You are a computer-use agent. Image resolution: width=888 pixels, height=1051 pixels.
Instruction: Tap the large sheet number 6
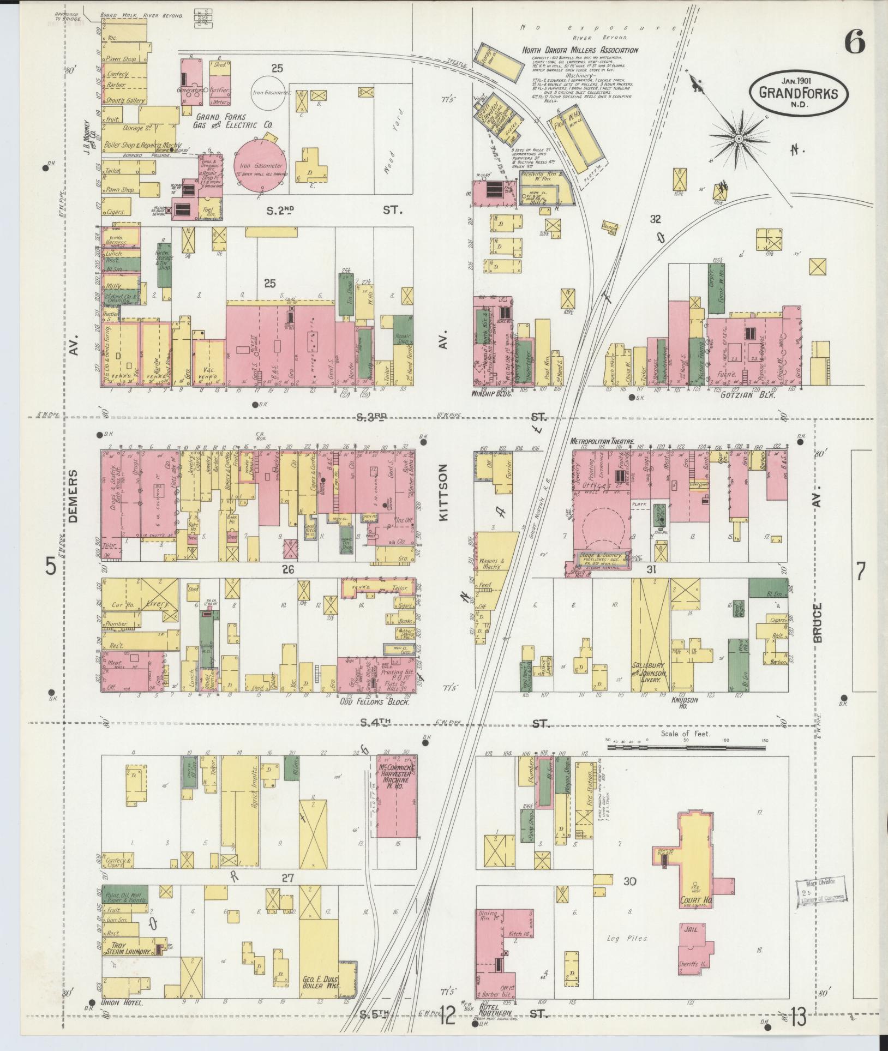(x=854, y=41)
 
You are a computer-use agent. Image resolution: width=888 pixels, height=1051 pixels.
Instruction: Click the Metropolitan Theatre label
(x=602, y=441)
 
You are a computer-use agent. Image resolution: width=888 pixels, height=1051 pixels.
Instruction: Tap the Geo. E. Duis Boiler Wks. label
(x=321, y=982)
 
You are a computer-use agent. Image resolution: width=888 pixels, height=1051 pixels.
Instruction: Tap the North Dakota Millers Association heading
(x=580, y=50)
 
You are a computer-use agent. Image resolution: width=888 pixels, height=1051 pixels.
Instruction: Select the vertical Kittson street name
(x=443, y=493)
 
